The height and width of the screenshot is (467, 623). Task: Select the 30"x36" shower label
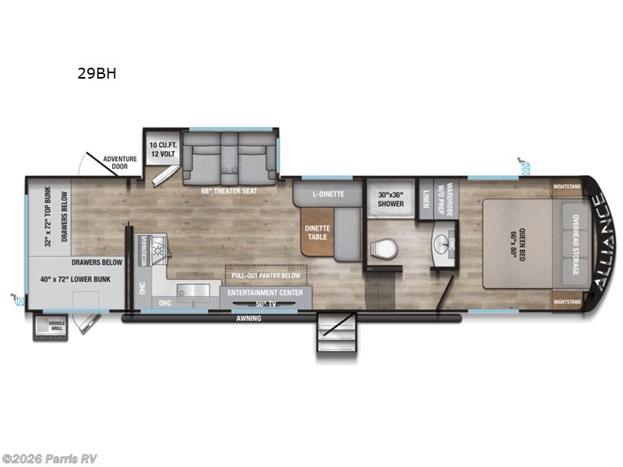(390, 198)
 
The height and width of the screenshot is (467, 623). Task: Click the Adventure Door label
(121, 163)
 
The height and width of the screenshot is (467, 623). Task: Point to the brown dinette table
(317, 233)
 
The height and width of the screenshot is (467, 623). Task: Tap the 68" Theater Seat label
(229, 190)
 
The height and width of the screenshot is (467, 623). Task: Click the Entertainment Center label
(266, 292)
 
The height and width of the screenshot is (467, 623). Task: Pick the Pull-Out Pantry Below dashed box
(266, 276)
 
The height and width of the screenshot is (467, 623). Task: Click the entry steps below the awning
(336, 335)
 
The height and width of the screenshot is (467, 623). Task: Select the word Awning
(249, 318)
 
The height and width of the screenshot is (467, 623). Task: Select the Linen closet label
(426, 201)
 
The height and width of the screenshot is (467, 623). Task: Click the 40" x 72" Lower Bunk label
(76, 278)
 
